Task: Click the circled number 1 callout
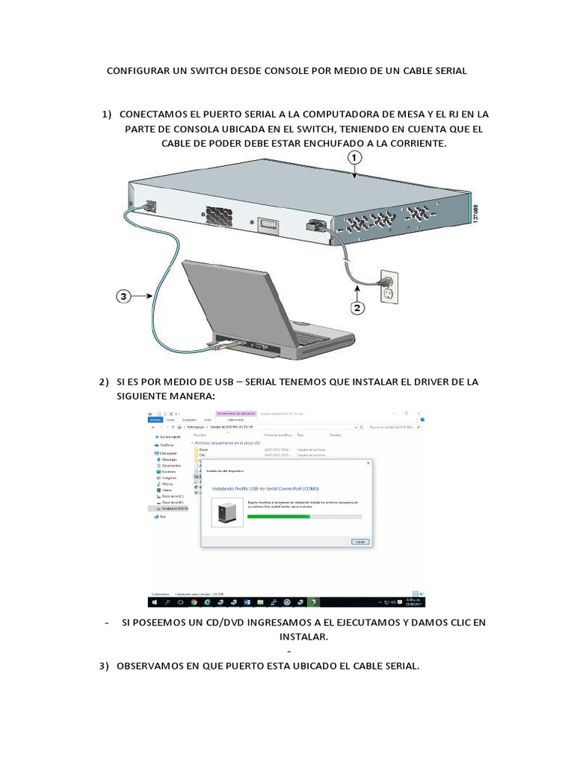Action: point(354,158)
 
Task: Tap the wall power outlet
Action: point(388,284)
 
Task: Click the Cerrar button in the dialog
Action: point(359,541)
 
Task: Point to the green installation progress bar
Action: point(279,516)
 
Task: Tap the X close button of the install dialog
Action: point(368,463)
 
